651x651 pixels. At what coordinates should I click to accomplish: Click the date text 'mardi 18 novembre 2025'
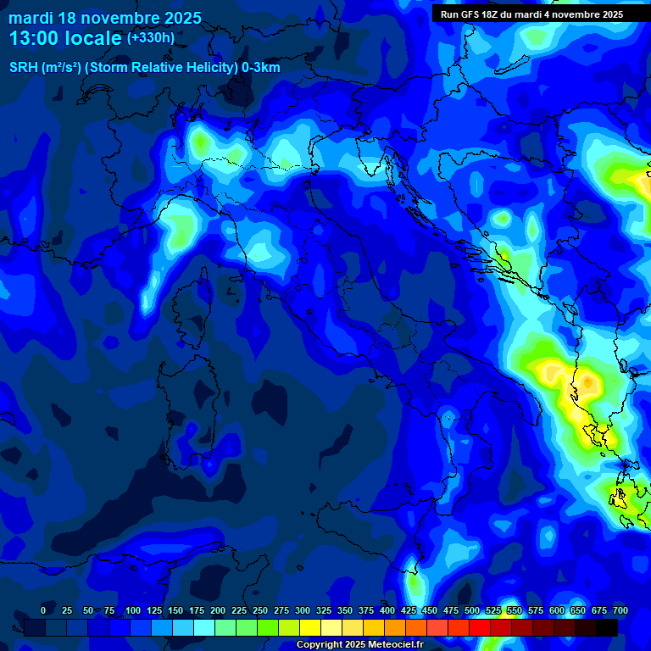[x=105, y=18]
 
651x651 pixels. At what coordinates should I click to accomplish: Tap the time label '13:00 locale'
[x=66, y=38]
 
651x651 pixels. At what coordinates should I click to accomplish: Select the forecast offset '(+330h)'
[x=150, y=38]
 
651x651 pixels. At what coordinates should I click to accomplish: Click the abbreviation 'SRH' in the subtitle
[x=23, y=68]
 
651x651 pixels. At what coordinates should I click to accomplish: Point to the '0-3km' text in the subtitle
[x=260, y=68]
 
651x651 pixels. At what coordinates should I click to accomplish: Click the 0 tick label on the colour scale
[x=43, y=610]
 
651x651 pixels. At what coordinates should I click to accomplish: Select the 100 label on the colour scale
[x=133, y=610]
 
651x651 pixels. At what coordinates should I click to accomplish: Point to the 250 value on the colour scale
[x=260, y=610]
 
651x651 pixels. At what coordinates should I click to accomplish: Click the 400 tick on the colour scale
[x=387, y=610]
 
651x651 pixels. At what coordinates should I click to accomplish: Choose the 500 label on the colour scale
[x=472, y=610]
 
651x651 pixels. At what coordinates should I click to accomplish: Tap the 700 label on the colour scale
[x=620, y=610]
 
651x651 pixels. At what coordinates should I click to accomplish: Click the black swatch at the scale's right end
[x=607, y=627]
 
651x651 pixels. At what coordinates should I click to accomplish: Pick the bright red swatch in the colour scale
[x=459, y=627]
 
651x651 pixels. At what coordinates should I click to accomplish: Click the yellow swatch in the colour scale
[x=310, y=627]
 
